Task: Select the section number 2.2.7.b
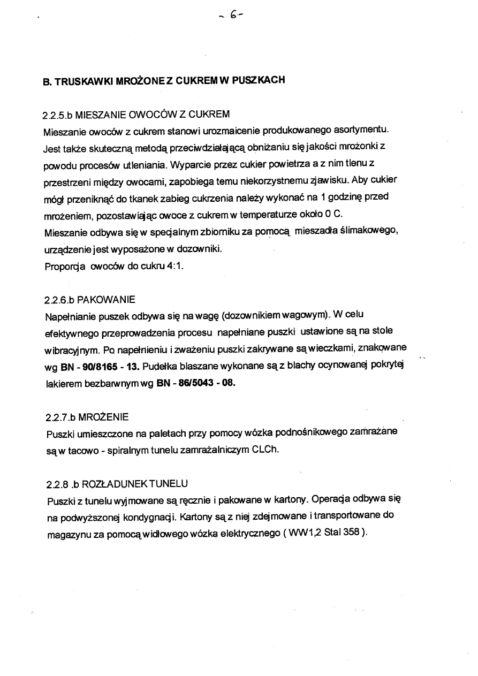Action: pyautogui.click(x=57, y=416)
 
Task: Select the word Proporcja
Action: pyautogui.click(x=63, y=267)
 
